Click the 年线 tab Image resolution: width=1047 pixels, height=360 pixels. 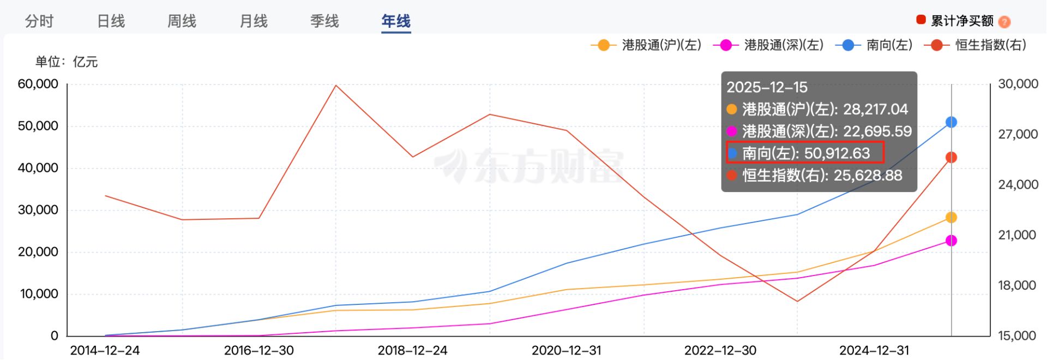[396, 21]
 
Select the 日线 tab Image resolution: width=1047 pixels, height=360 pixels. [111, 21]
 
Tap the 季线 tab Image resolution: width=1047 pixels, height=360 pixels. [324, 21]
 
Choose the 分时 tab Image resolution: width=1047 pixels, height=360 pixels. [39, 21]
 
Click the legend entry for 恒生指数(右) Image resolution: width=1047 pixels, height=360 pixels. [976, 45]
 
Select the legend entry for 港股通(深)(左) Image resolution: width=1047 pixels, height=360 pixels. [768, 45]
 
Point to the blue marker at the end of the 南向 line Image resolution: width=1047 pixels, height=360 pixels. [951, 122]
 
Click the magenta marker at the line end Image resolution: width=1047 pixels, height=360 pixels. [951, 241]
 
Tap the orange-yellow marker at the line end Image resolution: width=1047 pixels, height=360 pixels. [951, 218]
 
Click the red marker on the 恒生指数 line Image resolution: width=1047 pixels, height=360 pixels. [951, 158]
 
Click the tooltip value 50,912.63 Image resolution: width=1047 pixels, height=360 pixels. [837, 153]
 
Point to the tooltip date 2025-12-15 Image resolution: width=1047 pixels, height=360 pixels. [767, 87]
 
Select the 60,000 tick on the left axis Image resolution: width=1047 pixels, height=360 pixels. [38, 84]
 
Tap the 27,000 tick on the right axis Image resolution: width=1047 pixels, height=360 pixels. [1018, 135]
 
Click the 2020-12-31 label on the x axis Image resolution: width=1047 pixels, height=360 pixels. [566, 350]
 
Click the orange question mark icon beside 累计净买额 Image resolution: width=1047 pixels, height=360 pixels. [1004, 22]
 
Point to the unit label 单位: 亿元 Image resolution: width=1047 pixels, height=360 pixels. [67, 62]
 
